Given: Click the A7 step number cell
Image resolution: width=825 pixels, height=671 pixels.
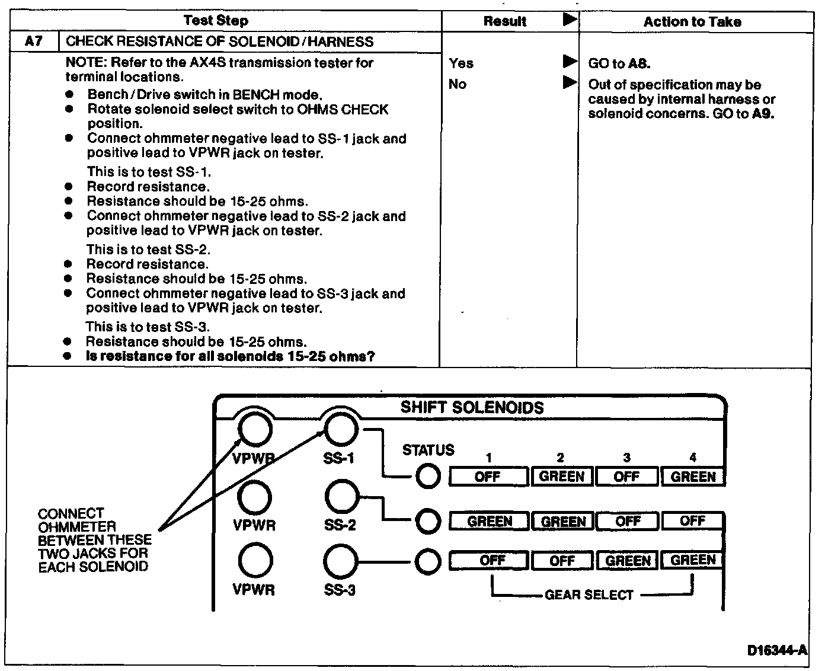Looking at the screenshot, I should pyautogui.click(x=34, y=41).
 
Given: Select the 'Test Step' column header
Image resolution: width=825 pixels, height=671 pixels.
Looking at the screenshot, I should pyautogui.click(x=216, y=21).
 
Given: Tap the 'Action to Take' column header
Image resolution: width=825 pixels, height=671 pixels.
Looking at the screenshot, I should pyautogui.click(x=692, y=22).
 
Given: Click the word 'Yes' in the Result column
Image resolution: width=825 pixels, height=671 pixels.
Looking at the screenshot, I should pyautogui.click(x=461, y=63).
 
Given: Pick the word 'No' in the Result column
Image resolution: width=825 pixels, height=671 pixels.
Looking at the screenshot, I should pyautogui.click(x=458, y=84).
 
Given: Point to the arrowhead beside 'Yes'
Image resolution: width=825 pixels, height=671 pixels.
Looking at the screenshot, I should pyautogui.click(x=570, y=61).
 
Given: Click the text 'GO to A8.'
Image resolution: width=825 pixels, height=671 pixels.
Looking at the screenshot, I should pyautogui.click(x=619, y=63).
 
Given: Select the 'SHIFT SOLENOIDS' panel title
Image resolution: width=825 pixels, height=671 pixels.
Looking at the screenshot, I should pyautogui.click(x=472, y=408).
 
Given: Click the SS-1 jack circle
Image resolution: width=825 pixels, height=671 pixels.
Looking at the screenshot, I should pyautogui.click(x=341, y=429).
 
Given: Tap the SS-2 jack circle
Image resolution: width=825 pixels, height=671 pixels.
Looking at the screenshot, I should pyautogui.click(x=341, y=497).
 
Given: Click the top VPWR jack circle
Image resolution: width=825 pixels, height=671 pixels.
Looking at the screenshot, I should pyautogui.click(x=255, y=429).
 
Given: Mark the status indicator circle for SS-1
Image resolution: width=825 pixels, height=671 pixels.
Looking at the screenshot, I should pyautogui.click(x=427, y=476).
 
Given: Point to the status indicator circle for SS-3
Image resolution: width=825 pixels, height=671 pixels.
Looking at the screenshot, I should pyautogui.click(x=427, y=561).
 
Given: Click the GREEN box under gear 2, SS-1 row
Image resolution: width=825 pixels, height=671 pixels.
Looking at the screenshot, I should pyautogui.click(x=562, y=477).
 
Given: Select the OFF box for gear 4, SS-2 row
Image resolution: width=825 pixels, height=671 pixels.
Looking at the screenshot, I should pyautogui.click(x=692, y=521).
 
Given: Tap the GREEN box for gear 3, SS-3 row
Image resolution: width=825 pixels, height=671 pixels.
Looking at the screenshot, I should pyautogui.click(x=628, y=561).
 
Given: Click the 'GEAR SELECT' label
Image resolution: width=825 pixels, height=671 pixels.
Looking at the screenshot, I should pyautogui.click(x=589, y=595).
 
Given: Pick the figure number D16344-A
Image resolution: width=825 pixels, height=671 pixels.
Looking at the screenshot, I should pyautogui.click(x=777, y=651).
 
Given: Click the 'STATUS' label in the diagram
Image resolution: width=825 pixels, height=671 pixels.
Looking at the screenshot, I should pyautogui.click(x=428, y=450).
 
